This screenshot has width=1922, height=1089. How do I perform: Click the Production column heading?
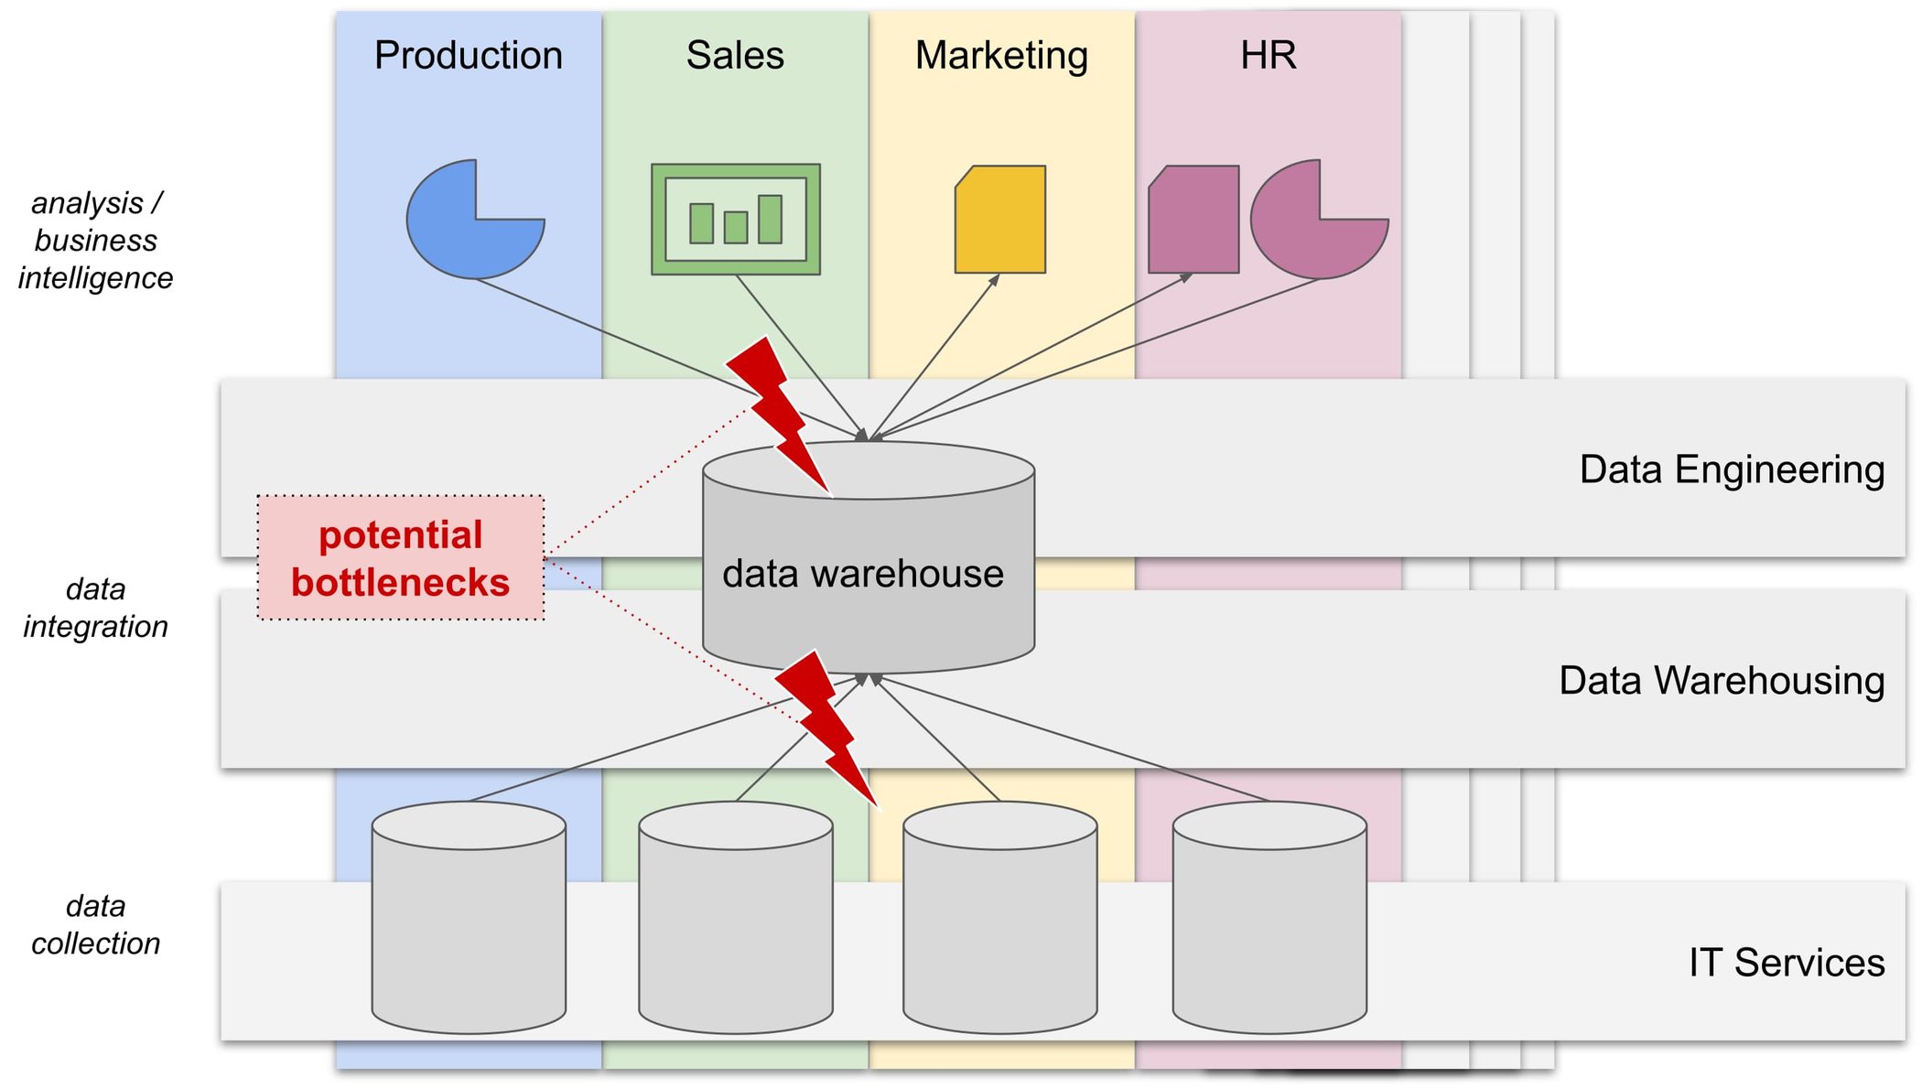pyautogui.click(x=468, y=55)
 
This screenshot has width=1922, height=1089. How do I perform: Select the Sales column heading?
pyautogui.click(x=735, y=55)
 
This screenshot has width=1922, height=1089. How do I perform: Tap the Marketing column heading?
pyautogui.click(x=1001, y=55)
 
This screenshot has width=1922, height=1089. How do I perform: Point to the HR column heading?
pyautogui.click(x=1268, y=55)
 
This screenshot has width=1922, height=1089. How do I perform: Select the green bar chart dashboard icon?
pyautogui.click(x=735, y=220)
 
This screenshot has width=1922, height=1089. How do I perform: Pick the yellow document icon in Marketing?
pyautogui.click(x=1000, y=220)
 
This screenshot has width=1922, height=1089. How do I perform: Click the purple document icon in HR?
pyautogui.click(x=1193, y=220)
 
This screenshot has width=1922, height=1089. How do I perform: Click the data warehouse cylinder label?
pyautogui.click(x=862, y=574)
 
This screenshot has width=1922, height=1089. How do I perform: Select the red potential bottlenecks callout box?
pyautogui.click(x=400, y=558)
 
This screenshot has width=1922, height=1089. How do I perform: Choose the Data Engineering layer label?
pyautogui.click(x=1731, y=469)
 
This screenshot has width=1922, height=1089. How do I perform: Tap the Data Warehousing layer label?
pyautogui.click(x=1721, y=681)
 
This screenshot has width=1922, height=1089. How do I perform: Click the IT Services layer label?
pyautogui.click(x=1786, y=963)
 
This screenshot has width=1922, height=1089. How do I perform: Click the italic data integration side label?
pyautogui.click(x=95, y=608)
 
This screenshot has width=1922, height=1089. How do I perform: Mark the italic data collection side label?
pyautogui.click(x=95, y=924)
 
